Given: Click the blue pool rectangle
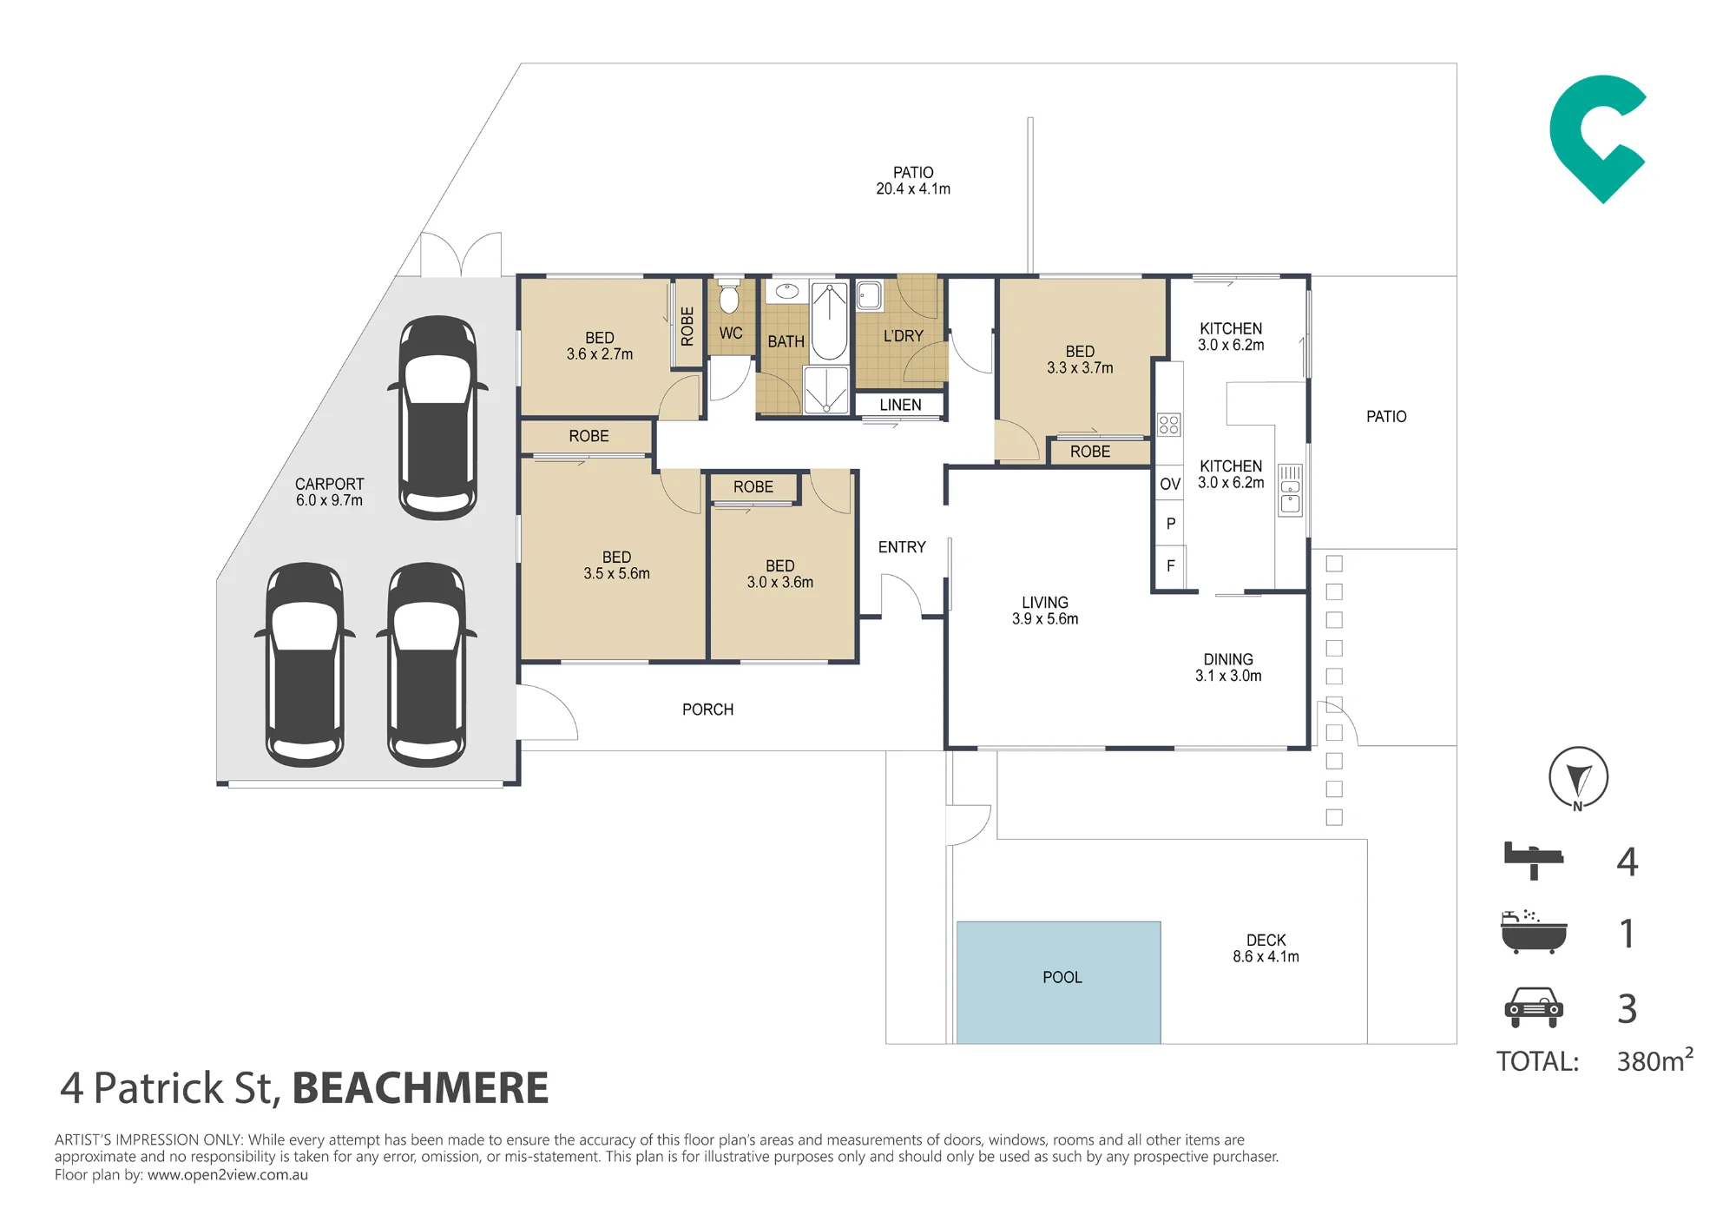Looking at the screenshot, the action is [1058, 982].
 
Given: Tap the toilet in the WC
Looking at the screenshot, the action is [729, 296].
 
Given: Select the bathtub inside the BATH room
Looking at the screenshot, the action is [830, 321].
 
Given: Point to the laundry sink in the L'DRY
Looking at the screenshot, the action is [869, 295].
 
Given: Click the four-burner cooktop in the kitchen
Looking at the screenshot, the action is [1168, 425].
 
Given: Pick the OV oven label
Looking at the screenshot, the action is [1170, 485].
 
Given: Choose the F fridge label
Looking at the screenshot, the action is [1171, 566].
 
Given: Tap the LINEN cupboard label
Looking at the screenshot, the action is [900, 406].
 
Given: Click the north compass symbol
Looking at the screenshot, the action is [1579, 778].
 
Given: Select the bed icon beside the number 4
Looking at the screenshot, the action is [1534, 860].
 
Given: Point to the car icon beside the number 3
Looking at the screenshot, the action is [1534, 1007].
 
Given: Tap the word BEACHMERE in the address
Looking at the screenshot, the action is [421, 1088].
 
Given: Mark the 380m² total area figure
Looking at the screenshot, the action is [1654, 1060].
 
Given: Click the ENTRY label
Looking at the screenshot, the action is [902, 547].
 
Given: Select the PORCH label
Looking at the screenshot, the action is [707, 710].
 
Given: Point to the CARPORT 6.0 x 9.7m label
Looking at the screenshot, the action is [329, 492].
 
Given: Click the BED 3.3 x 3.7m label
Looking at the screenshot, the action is [1080, 360].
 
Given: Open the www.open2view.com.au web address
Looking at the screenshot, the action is [227, 1175].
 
